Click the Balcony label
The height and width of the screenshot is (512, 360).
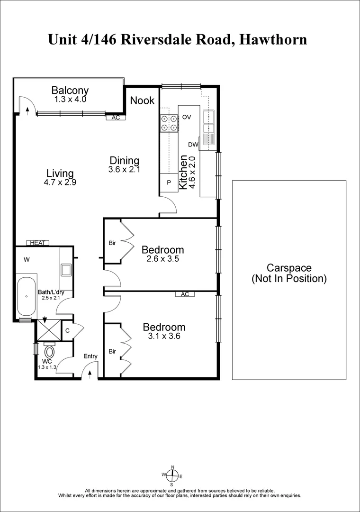[x=70, y=90]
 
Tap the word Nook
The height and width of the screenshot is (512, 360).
[x=142, y=100]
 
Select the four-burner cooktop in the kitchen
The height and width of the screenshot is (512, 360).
[x=169, y=123]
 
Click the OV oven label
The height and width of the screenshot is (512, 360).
[x=187, y=117]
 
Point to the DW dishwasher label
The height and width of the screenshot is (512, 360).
[x=193, y=145]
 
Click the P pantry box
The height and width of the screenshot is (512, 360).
[x=169, y=183]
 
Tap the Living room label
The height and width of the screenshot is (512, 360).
[x=60, y=173]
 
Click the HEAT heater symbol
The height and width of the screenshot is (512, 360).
[x=37, y=243]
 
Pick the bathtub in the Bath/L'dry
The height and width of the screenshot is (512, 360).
[x=27, y=297]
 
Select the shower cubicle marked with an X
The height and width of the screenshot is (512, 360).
[x=49, y=330]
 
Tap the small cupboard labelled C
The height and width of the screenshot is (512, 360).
[x=68, y=331]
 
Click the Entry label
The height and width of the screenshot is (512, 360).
[x=90, y=357]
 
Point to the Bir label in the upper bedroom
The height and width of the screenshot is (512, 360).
[x=112, y=243]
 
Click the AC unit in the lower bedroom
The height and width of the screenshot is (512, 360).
[x=185, y=294]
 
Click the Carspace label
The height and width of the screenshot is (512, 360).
[x=289, y=267]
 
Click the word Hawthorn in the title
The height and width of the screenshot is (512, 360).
[x=273, y=39]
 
